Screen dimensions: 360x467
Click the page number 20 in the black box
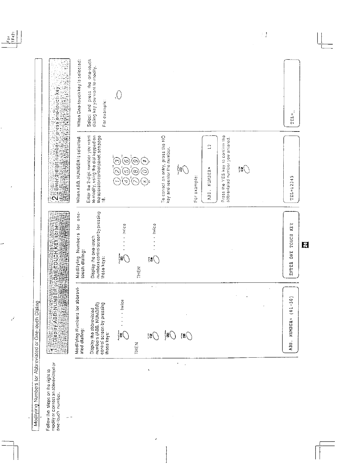click(305, 244)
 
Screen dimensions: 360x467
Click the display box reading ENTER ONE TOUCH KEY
click(291, 245)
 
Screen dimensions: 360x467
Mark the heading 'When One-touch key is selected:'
click(79, 94)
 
